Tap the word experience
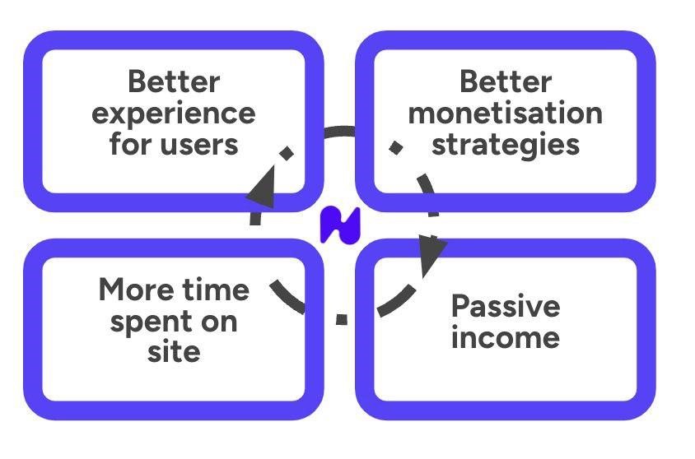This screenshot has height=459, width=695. pos(173,114)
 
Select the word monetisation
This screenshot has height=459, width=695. pos(505,114)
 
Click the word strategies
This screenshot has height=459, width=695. pos(505,145)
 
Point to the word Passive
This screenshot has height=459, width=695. pos(505,306)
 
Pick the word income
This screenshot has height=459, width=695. pos(505,337)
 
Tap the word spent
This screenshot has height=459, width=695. pos(151,321)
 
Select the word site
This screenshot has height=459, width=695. pos(174,352)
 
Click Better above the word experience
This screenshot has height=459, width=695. pos(174,82)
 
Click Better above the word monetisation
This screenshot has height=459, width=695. pos(505,82)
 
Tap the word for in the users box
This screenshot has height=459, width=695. pos(130,145)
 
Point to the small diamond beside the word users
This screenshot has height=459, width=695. pos(287,153)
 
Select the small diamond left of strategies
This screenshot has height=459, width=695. pos(396,147)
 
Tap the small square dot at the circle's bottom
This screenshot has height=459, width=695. pos(342,319)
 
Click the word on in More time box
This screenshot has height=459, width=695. pos(218,321)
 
